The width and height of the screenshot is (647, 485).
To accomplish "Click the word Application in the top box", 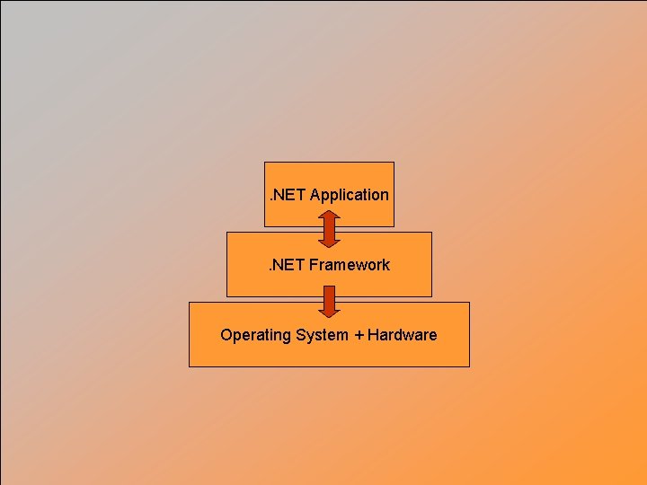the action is (350, 195).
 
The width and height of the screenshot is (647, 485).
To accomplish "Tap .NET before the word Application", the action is (288, 195).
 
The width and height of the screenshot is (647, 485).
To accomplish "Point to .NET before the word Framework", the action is (287, 265).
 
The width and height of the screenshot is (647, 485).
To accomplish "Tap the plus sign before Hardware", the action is (359, 335).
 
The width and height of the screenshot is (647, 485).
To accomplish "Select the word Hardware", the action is (403, 335).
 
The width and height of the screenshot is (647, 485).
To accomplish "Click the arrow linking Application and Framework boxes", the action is (329, 228).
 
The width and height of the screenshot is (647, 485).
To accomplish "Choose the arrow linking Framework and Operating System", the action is (329, 300).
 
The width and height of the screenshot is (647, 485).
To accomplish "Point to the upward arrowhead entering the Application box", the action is (329, 216).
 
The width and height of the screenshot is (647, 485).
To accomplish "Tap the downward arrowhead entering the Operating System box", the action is (329, 312).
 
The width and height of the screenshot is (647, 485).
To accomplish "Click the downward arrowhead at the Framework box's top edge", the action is (329, 241).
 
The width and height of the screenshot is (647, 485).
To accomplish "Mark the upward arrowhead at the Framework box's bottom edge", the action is (329, 290).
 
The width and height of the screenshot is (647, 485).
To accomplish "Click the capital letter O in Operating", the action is (226, 335).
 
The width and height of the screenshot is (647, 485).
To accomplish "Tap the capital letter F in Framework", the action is (315, 265).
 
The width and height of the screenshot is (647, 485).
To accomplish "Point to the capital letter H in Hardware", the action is (373, 335).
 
